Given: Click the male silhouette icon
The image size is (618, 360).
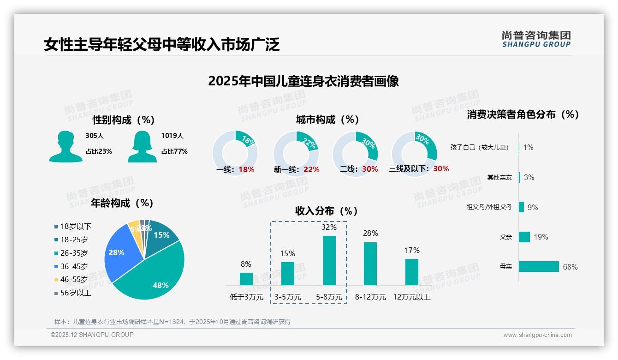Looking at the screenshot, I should pyautogui.click(x=65, y=146).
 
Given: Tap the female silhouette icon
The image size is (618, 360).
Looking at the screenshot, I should pyautogui.click(x=142, y=146).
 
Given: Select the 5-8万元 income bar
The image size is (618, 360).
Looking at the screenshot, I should pyautogui.click(x=329, y=260).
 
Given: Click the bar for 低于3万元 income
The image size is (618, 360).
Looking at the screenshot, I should pyautogui.click(x=246, y=279).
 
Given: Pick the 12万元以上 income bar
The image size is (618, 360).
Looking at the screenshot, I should pyautogui.click(x=412, y=272).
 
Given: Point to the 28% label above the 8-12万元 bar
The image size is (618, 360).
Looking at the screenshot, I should pyautogui.click(x=370, y=233).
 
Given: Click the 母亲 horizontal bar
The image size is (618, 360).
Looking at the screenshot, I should pyautogui.click(x=539, y=267).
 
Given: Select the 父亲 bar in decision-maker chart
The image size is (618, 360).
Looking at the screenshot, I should pyautogui.click(x=524, y=237).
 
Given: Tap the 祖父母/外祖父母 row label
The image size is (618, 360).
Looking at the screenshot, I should pyautogui.click(x=489, y=207).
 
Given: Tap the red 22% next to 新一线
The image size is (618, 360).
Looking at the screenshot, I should pyautogui.click(x=311, y=169).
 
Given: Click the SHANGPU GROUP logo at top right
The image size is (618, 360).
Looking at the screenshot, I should pyautogui.click(x=536, y=39).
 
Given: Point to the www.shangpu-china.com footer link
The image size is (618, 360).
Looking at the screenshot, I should pyautogui.click(x=537, y=335).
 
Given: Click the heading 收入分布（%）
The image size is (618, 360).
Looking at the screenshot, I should pyautogui.click(x=327, y=211).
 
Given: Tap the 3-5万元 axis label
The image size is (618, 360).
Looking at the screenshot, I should pyautogui.click(x=288, y=297).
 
